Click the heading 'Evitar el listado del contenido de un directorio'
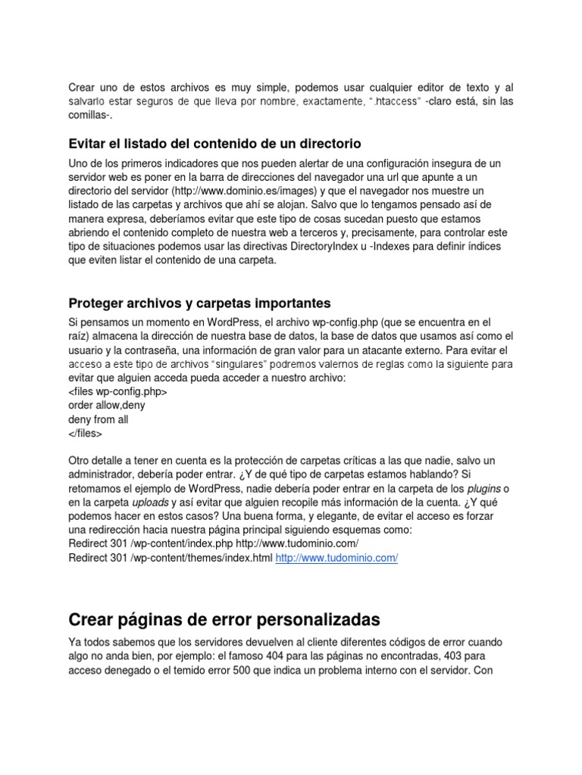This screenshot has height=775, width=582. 214,143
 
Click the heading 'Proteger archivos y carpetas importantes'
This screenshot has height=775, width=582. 199,303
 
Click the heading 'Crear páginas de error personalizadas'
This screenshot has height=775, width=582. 224,621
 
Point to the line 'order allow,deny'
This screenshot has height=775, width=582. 107,406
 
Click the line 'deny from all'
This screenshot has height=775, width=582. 99,419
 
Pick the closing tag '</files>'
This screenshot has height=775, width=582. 85,434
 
